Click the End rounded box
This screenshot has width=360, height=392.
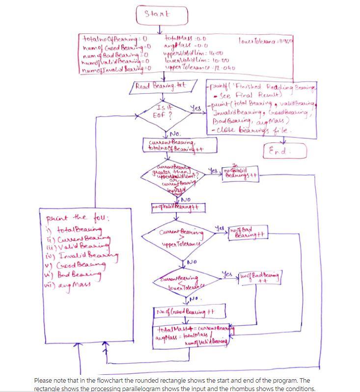point(285,151)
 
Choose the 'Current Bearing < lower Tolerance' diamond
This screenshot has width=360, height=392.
point(178,283)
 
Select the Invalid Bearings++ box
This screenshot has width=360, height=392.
point(242,174)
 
